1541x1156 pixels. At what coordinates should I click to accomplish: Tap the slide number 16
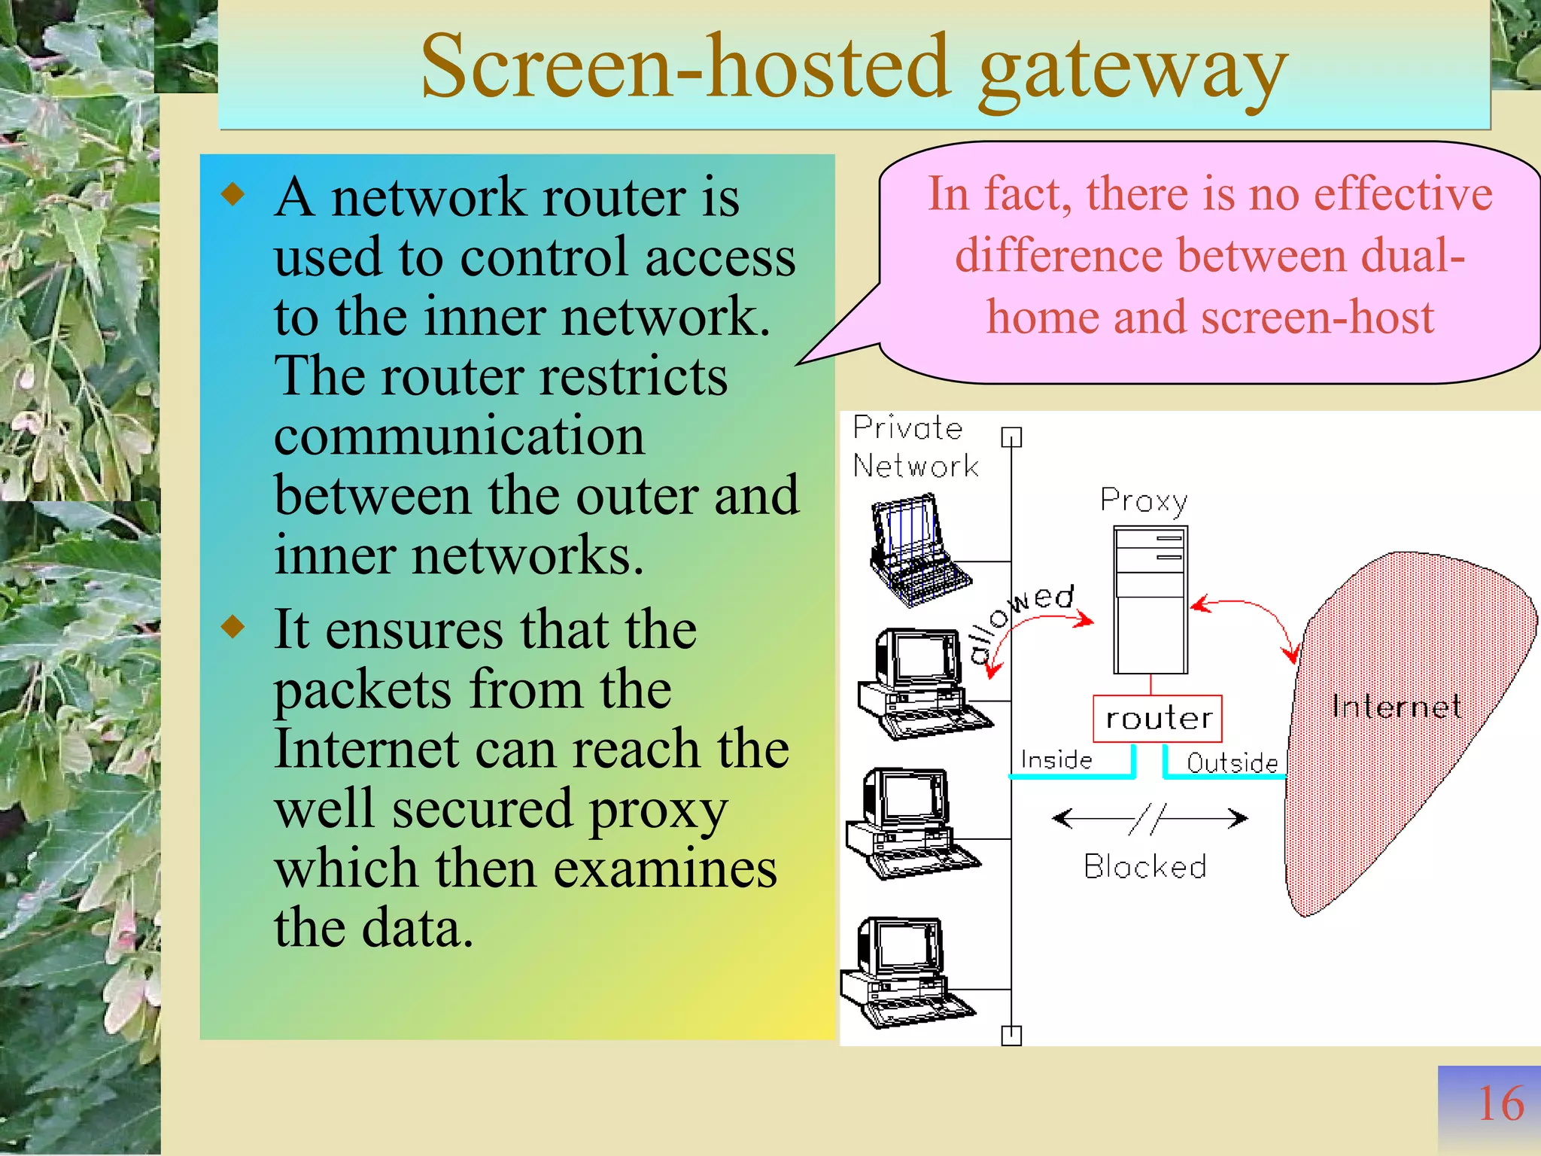(1500, 1104)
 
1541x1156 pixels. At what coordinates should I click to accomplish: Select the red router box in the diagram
(1157, 719)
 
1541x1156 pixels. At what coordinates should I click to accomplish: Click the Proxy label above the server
(1143, 500)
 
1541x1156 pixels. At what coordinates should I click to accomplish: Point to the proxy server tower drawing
(1150, 600)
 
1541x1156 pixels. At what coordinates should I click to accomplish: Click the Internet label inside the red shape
(1396, 706)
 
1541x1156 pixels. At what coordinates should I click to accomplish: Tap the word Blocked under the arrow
(1145, 867)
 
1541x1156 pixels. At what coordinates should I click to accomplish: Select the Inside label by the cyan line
(1056, 759)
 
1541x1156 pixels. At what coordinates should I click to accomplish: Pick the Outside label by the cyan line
(1232, 762)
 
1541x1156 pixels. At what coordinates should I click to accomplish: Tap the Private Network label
(914, 447)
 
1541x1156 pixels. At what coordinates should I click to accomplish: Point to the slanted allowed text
(1020, 621)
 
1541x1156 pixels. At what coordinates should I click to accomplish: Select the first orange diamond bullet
(234, 195)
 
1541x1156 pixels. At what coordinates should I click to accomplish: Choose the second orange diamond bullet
(234, 626)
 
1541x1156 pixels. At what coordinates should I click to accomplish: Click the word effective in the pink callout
(1403, 194)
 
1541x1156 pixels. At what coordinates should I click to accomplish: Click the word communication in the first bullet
(459, 436)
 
